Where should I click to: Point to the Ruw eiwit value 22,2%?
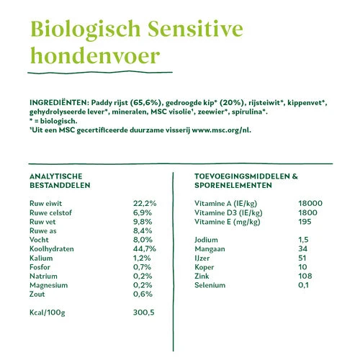(145, 204)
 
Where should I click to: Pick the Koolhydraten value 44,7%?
(145, 248)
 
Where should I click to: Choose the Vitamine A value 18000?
(310, 204)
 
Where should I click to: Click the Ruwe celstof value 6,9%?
(143, 212)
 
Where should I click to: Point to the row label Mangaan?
(211, 248)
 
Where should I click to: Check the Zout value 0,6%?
(143, 294)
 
